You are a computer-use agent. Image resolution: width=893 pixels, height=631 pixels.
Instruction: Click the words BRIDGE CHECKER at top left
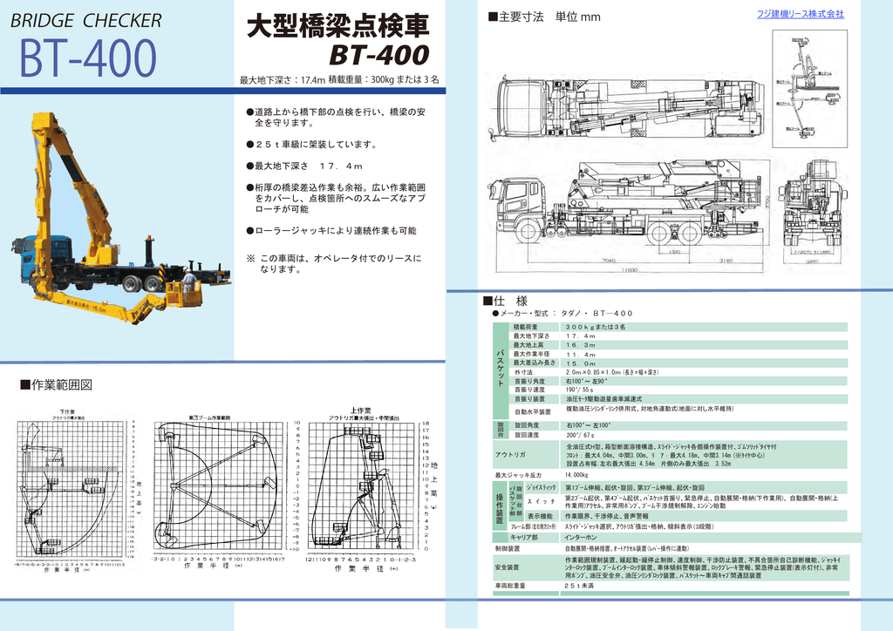pos(85,21)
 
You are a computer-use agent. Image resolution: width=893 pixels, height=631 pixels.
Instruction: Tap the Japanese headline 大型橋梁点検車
pos(337,24)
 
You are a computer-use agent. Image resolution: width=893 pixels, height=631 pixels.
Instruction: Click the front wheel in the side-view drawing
pos(527,231)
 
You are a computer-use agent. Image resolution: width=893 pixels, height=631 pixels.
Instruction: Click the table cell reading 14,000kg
pos(577,475)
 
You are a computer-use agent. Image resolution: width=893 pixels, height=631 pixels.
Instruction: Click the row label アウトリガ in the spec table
pos(510,455)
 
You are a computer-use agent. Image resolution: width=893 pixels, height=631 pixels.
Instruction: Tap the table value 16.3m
pos(580,345)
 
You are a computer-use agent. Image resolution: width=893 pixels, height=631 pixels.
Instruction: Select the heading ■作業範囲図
pos(56,384)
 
